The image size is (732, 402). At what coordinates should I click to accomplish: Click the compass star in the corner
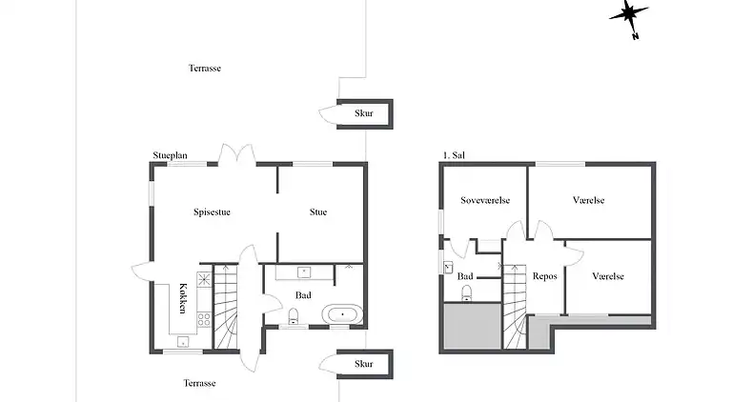pyautogui.click(x=628, y=15)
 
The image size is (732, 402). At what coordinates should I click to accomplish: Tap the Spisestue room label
pyautogui.click(x=212, y=212)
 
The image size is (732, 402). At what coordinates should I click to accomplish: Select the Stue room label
pyautogui.click(x=318, y=212)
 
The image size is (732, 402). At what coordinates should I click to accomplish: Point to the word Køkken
pyautogui.click(x=183, y=298)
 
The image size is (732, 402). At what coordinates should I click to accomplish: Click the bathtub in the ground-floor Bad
pyautogui.click(x=342, y=314)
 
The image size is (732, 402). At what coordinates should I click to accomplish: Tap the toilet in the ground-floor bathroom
pyautogui.click(x=294, y=315)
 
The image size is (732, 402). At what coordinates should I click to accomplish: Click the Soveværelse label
pyautogui.click(x=485, y=201)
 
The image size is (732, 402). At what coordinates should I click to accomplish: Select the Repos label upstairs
pyautogui.click(x=545, y=276)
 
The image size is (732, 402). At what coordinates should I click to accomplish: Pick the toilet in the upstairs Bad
pyautogui.click(x=466, y=293)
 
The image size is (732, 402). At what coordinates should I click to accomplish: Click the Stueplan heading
pyautogui.click(x=170, y=156)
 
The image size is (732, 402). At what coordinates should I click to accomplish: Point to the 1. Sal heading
pyautogui.click(x=454, y=155)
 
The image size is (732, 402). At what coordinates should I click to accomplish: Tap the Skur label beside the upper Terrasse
pyautogui.click(x=364, y=112)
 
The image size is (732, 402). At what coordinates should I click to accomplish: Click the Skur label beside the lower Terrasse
pyautogui.click(x=364, y=364)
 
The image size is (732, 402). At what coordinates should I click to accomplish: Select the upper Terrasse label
pyautogui.click(x=205, y=68)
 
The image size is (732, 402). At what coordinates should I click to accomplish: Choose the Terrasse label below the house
pyautogui.click(x=199, y=383)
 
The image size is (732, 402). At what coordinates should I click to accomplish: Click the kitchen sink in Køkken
pyautogui.click(x=183, y=342)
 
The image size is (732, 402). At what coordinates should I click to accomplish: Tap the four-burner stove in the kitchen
pyautogui.click(x=204, y=319)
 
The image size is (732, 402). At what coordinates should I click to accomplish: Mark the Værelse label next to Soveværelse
pyautogui.click(x=589, y=201)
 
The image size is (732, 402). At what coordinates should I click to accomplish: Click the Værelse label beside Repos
pyautogui.click(x=608, y=276)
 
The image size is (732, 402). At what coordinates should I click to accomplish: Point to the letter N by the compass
pyautogui.click(x=636, y=36)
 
